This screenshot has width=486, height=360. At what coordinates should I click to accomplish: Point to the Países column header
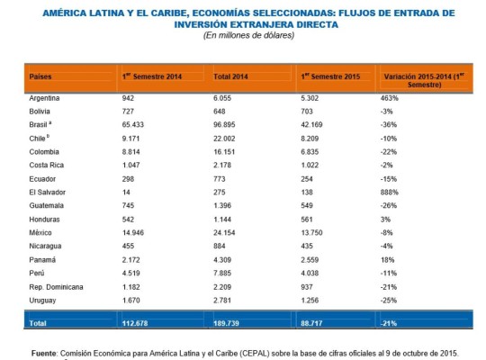click(x=40, y=76)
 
